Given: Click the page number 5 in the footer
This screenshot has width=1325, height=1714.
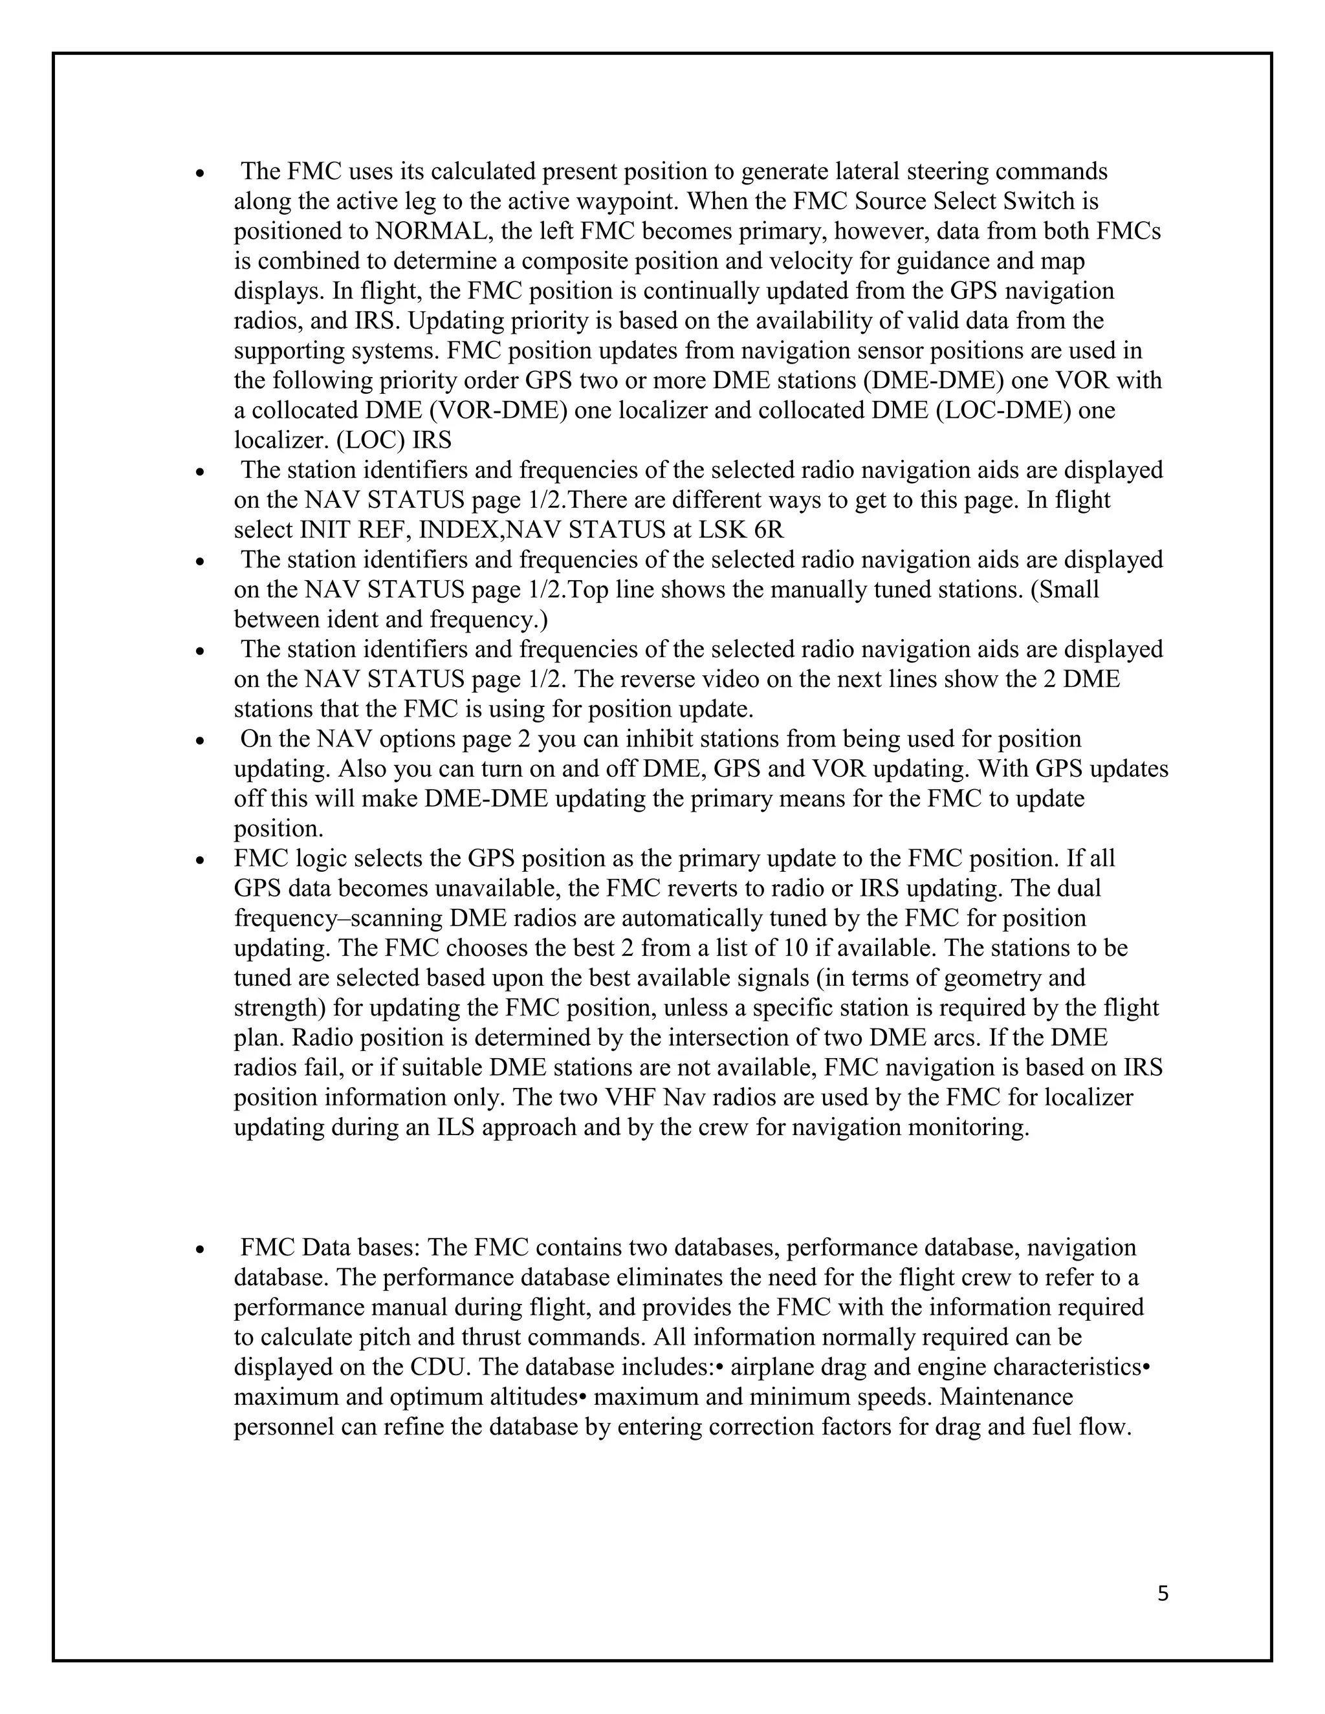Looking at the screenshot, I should pos(1163,1594).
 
